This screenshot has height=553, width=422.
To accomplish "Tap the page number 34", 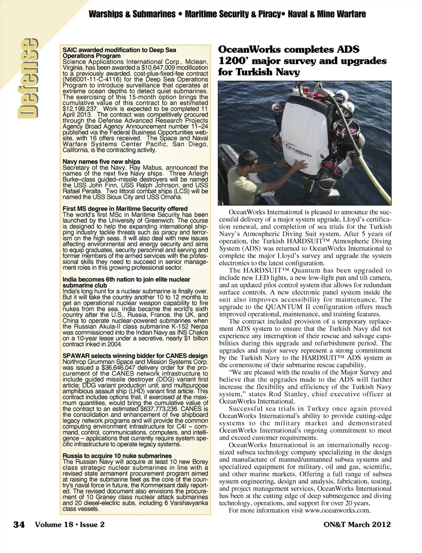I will tap(19, 524).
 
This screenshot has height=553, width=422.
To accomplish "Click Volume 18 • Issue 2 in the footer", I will tap(70, 524).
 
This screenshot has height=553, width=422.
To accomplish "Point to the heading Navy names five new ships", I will tap(102, 162).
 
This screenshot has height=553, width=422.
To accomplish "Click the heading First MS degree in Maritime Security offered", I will tap(125, 209).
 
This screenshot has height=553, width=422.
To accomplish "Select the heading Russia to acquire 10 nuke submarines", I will tap(117, 456).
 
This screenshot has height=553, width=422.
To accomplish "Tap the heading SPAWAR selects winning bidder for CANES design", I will tap(135, 356).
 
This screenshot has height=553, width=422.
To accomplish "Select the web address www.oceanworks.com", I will tap(338, 511).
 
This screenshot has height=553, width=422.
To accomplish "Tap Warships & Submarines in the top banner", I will tap(132, 14).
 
